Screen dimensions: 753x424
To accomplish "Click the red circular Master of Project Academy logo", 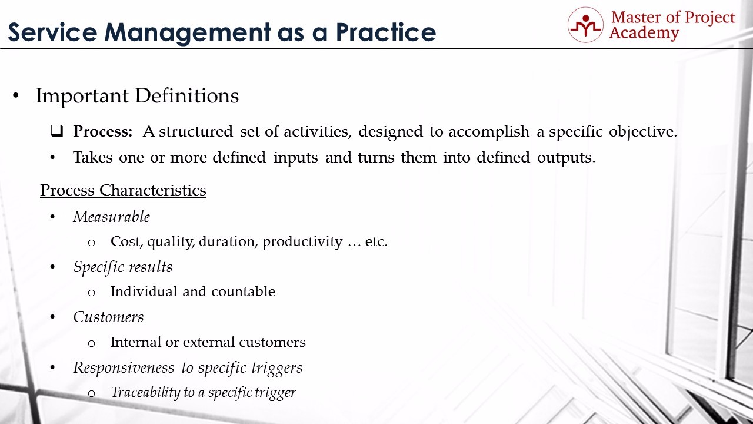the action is click(x=585, y=25).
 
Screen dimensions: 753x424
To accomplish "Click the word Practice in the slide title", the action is click(x=386, y=32).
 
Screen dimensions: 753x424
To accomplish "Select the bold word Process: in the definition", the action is click(x=103, y=131).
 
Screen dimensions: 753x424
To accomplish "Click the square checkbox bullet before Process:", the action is click(x=57, y=131).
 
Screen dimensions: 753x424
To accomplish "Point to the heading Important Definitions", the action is click(x=137, y=95).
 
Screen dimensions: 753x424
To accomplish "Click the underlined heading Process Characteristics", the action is click(x=123, y=190).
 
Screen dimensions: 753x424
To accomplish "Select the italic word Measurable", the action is click(x=112, y=217).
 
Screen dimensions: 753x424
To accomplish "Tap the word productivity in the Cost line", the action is click(x=302, y=242).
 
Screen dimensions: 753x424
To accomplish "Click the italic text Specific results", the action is click(x=123, y=267).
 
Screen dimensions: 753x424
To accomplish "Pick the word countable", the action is click(x=243, y=291).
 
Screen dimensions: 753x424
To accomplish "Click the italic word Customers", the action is click(x=108, y=317).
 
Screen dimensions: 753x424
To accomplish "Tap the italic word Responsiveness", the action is click(x=124, y=367).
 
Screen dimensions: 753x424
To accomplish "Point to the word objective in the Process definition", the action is click(x=643, y=131).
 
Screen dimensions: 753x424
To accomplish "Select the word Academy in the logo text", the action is click(x=644, y=34).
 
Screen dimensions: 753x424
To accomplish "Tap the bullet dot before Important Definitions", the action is click(x=16, y=95).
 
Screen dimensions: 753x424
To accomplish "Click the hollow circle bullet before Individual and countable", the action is click(x=91, y=293).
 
